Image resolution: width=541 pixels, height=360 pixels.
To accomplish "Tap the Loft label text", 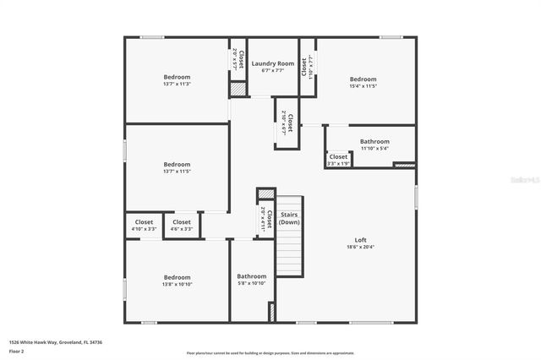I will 360,240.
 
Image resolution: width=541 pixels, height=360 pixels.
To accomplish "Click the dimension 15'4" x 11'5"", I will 363,86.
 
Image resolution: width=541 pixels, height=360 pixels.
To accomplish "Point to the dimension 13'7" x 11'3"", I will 177,84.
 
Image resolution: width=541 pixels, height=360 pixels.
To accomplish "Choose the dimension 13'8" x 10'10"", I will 177,284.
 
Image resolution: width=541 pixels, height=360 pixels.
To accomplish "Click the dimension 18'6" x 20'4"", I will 360,248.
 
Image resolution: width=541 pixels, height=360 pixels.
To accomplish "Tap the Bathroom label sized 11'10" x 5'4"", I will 374,141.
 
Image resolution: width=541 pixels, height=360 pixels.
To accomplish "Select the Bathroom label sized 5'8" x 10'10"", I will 251,276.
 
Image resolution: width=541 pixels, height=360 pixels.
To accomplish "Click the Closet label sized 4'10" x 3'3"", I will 144,222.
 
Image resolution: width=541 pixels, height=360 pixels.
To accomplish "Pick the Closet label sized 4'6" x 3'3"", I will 182,222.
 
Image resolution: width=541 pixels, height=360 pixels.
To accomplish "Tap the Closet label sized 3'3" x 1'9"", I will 338,156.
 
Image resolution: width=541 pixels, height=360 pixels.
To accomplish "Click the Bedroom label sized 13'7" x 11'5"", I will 177,164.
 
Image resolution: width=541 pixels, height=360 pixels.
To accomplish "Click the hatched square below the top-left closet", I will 238,88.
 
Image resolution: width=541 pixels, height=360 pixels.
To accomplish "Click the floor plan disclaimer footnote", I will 270,353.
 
